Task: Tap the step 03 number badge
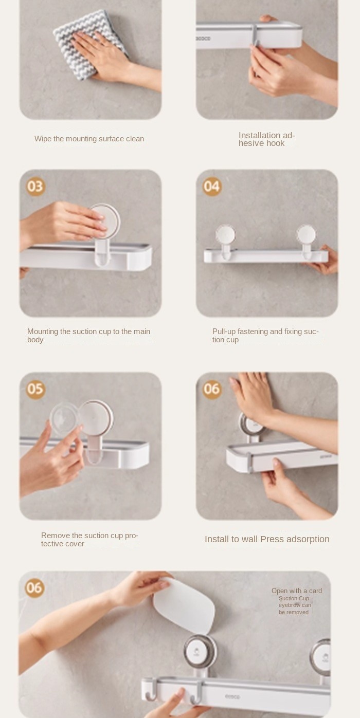coord(35,186)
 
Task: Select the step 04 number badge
coord(212,186)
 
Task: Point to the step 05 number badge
coord(35,389)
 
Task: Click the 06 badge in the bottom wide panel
coord(34,587)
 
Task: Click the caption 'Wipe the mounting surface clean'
coord(89,139)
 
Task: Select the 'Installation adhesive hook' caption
coord(266,139)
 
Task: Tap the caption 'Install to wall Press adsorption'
coord(267,539)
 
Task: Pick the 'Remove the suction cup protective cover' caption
coord(89,540)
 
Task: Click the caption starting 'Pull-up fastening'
coord(265,335)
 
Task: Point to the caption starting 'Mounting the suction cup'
coord(88,335)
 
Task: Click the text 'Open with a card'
coord(296,591)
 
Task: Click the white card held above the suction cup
coord(184,607)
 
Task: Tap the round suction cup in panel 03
coord(105,221)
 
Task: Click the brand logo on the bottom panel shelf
coord(232,696)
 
